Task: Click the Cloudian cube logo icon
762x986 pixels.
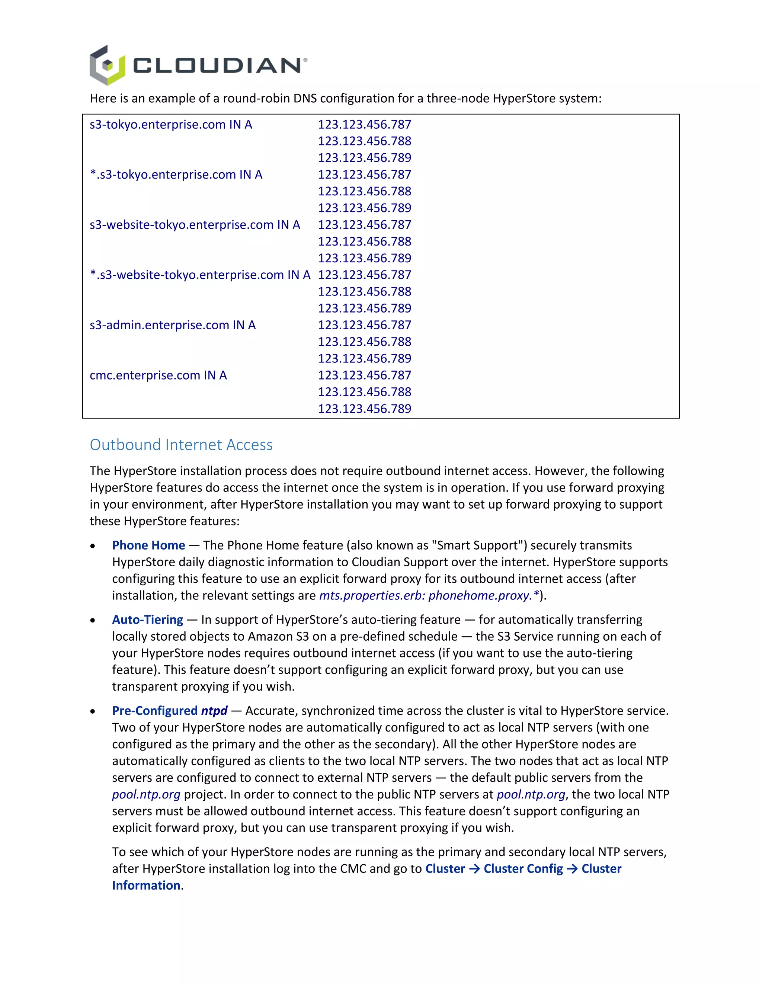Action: [107, 65]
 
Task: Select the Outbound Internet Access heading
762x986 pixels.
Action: [181, 445]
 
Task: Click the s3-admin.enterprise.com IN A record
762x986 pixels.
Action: [172, 325]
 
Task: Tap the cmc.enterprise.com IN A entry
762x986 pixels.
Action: [158, 375]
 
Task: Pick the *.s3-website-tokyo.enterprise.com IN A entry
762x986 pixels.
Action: [200, 275]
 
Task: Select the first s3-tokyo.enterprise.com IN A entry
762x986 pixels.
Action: [171, 125]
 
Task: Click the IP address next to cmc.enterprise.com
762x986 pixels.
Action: [364, 375]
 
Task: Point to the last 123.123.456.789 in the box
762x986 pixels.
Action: [364, 409]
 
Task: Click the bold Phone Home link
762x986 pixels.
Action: [148, 545]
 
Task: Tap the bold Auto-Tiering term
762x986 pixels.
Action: [148, 620]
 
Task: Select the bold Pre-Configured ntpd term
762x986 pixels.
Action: [170, 711]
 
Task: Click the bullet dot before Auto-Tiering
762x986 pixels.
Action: [93, 621]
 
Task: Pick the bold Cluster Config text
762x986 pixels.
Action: [523, 869]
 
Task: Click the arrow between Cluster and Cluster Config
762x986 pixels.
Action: [474, 869]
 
